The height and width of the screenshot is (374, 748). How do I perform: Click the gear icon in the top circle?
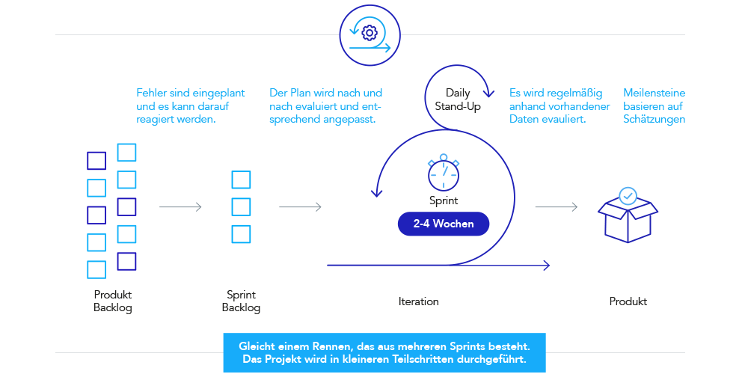pos(368,33)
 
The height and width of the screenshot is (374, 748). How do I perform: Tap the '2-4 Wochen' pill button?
pos(443,224)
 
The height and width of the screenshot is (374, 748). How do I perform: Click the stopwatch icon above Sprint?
pos(444,173)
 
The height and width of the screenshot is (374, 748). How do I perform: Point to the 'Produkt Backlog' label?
pos(113,301)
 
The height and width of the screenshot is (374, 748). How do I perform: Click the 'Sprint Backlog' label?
pos(241,301)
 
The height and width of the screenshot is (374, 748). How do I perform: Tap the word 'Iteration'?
pos(418,301)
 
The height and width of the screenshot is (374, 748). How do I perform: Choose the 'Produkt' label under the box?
pos(628,301)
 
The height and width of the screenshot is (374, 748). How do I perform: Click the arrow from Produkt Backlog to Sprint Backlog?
pos(180,207)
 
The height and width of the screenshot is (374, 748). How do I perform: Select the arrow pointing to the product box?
pos(557,207)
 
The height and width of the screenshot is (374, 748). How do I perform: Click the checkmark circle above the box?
pos(628,196)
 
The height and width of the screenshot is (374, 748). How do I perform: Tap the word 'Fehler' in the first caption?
pos(151,93)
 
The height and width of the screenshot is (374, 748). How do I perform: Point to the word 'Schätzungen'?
pos(654,119)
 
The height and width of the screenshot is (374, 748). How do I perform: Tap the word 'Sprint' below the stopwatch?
pos(444,200)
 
